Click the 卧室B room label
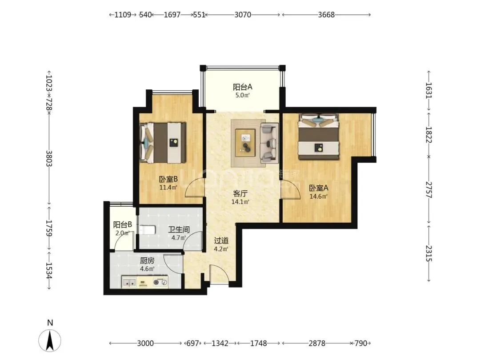pos(168,179)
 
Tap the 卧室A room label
pos(318,188)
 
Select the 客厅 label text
pos(240,193)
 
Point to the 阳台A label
pos(243,87)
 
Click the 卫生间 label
pos(179,230)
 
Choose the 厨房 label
pos(147,261)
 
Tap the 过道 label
pos(221,241)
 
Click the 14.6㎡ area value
pos(318,196)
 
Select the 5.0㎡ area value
pos(243,95)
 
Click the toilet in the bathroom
pos(148,230)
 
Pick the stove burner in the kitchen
pos(160,282)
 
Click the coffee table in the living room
pos(245,143)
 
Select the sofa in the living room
pos(269,143)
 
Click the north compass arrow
pos(50,340)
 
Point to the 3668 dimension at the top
pos(326,15)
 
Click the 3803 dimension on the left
pos(49,159)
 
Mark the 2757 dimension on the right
pos(428,190)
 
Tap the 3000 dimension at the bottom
pos(145,344)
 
